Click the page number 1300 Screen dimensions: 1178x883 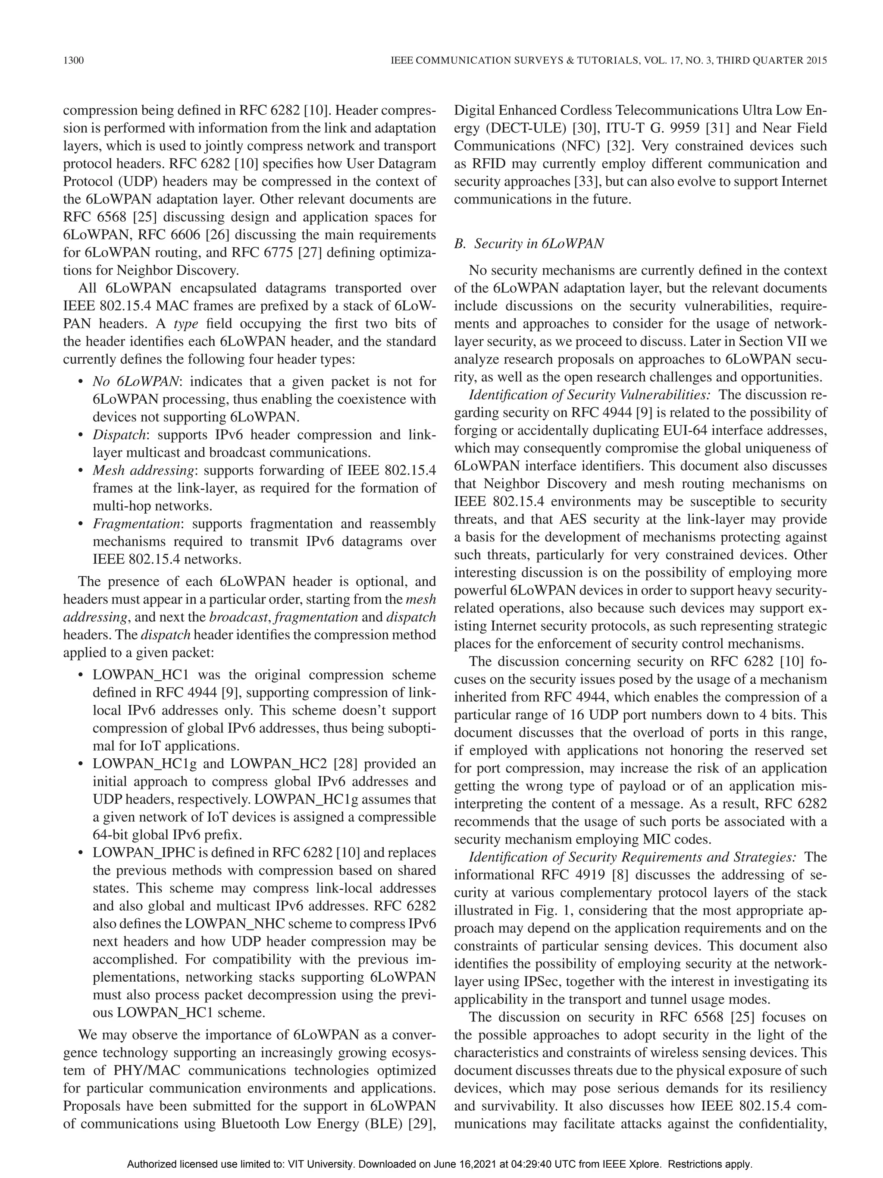(x=73, y=61)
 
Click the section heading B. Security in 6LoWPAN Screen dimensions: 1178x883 (x=529, y=244)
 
